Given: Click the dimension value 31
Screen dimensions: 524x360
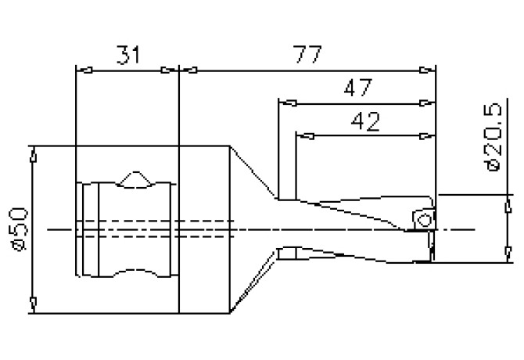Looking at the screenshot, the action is tap(128, 55).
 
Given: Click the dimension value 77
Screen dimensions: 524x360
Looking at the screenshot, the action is tap(307, 54).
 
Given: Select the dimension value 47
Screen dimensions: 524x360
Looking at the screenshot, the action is tap(358, 88).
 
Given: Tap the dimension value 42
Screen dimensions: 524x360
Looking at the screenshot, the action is tap(365, 121).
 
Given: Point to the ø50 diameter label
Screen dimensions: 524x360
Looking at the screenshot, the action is tap(19, 229).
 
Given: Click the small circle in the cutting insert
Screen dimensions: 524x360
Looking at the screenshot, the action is tap(425, 221).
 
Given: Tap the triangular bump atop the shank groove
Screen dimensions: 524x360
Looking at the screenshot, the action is tap(135, 179).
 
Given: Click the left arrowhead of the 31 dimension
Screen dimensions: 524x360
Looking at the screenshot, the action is tap(84, 70).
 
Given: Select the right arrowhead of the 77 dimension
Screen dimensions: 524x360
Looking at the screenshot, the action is tap(428, 70).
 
